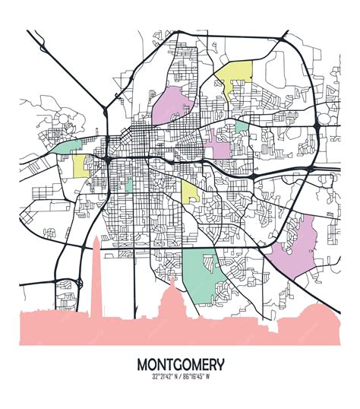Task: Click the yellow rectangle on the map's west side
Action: [81, 166]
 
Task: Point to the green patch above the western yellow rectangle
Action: [68, 146]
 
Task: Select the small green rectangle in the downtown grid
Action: [128, 184]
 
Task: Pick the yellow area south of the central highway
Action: [190, 190]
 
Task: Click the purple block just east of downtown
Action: [220, 144]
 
